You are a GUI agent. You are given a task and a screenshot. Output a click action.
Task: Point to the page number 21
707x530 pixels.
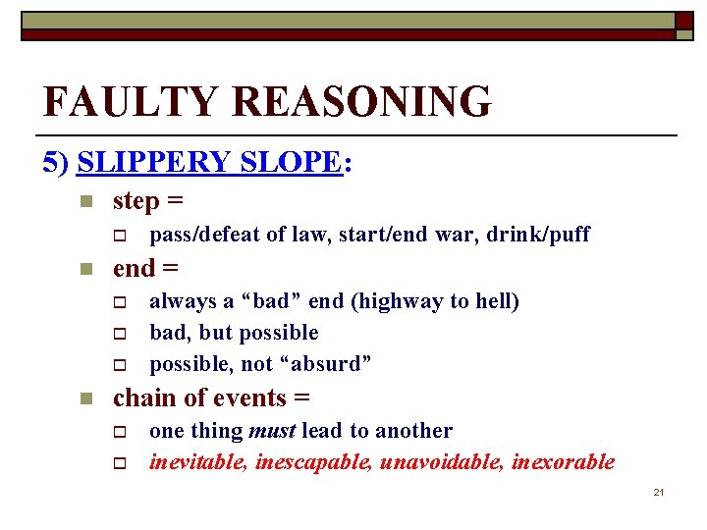point(659,492)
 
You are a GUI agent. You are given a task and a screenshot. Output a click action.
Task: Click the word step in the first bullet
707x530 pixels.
point(136,201)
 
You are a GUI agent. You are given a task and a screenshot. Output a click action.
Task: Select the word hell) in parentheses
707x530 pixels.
point(496,301)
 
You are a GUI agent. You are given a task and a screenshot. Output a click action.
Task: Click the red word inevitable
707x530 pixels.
point(197,461)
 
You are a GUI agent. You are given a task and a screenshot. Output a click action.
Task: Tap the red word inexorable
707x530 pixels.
point(565,461)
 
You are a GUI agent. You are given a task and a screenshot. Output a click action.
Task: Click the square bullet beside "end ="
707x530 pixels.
point(85,269)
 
